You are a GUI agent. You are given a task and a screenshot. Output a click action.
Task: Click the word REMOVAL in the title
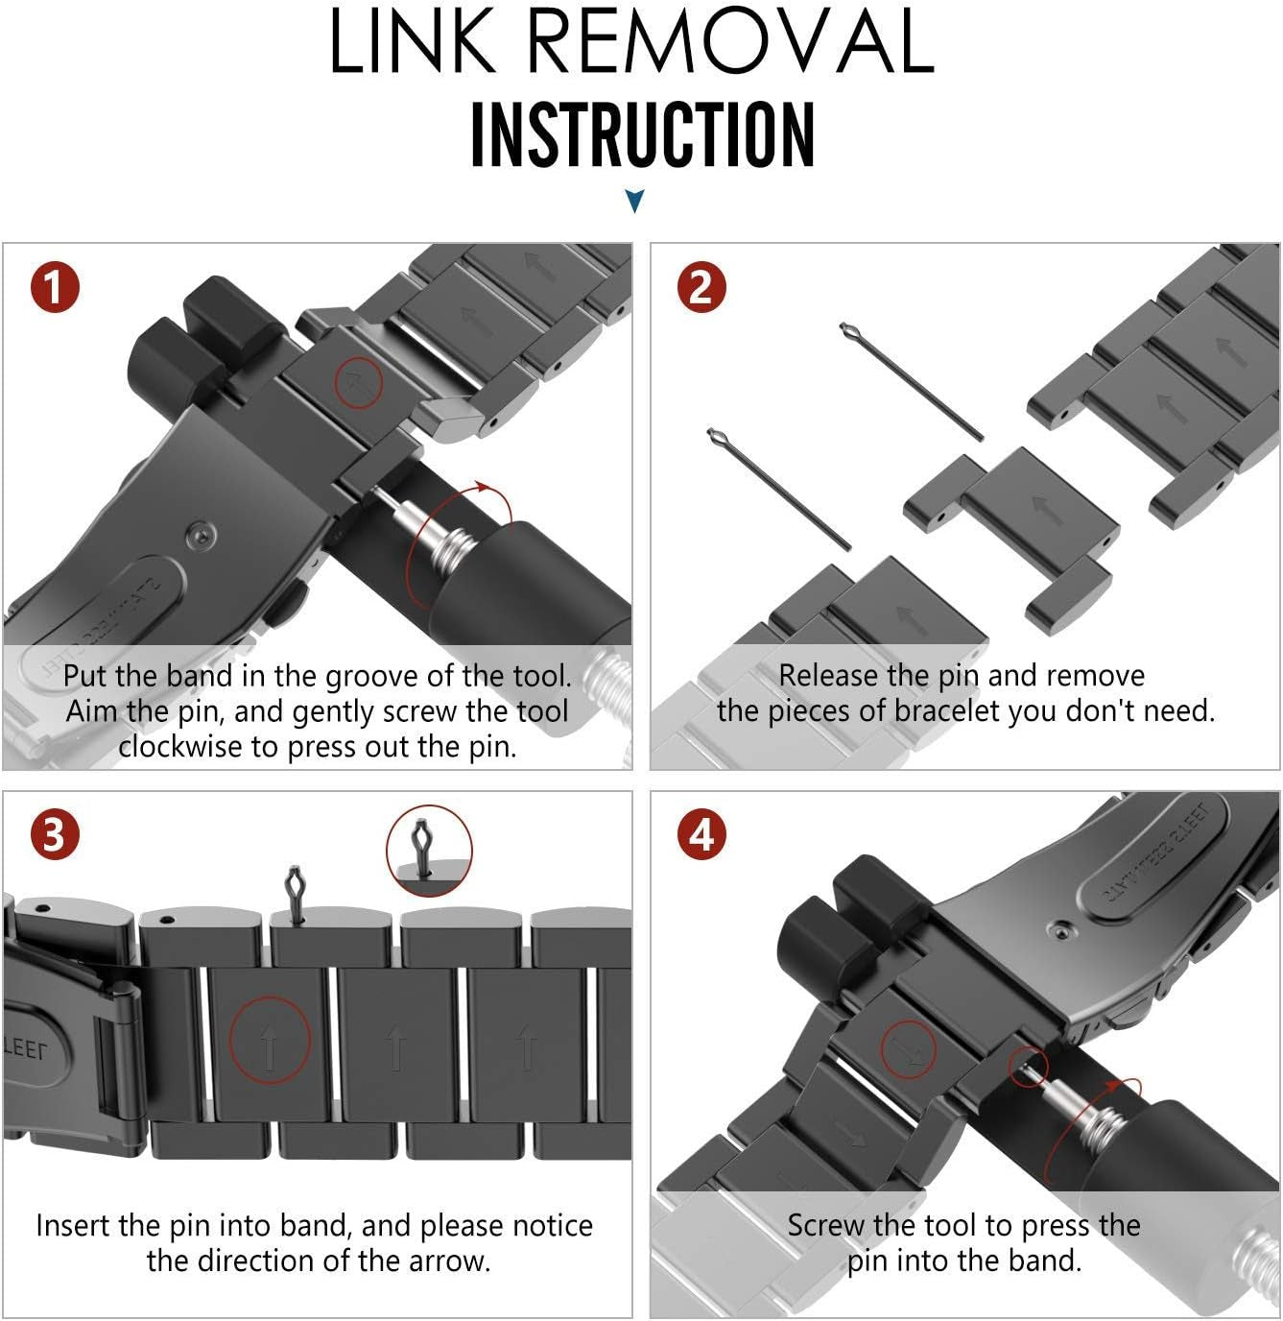730,42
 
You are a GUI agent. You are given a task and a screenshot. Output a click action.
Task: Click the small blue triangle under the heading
634,201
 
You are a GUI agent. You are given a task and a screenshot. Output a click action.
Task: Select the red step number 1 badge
54,287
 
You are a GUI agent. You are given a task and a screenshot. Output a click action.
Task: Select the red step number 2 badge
702,287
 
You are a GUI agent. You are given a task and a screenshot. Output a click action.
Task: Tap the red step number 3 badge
54,834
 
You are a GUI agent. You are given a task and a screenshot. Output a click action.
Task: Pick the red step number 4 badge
702,834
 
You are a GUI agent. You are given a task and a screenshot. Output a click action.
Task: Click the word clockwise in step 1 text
180,747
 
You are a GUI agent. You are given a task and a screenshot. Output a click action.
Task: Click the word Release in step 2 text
829,676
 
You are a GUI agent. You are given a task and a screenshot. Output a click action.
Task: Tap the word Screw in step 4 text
827,1226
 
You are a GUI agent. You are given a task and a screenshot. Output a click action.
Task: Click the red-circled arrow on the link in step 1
358,383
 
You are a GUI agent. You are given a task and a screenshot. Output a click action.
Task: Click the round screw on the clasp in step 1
201,534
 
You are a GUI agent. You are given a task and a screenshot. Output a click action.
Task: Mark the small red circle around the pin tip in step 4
1029,1067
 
